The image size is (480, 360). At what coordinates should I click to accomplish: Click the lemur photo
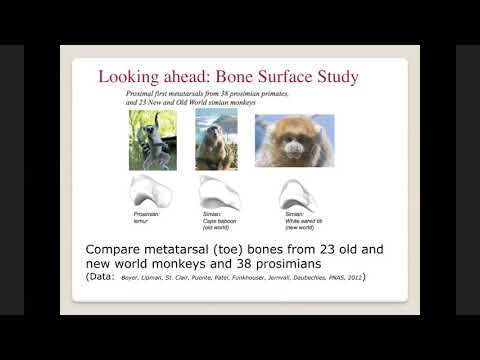pos(153,139)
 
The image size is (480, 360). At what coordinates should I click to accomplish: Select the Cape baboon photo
pos(216,140)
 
